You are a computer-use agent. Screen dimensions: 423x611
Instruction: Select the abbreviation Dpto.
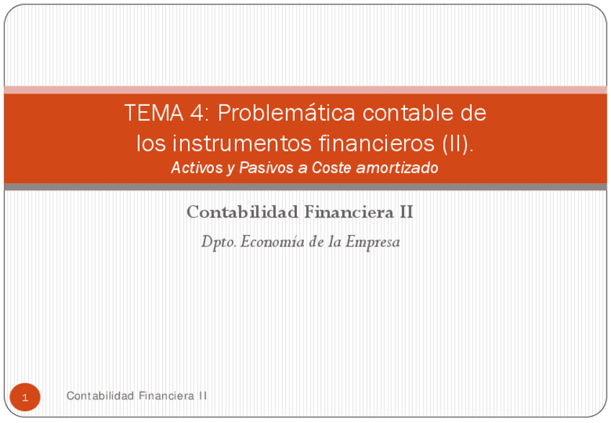coord(218,243)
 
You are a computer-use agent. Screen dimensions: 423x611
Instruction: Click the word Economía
coord(272,243)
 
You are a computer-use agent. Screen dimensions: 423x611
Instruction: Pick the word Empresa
coord(373,243)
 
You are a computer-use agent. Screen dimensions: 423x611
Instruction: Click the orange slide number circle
coord(25,398)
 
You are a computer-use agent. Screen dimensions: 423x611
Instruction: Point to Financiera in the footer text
coord(166,396)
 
